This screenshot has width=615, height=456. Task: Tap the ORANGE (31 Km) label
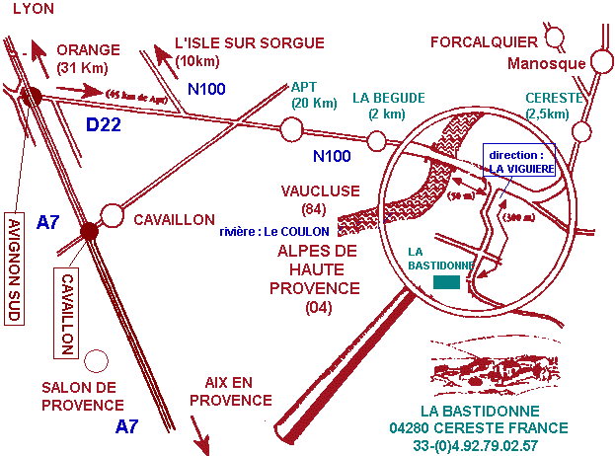click(x=87, y=58)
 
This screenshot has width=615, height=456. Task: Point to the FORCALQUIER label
click(x=485, y=41)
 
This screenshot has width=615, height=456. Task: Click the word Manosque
click(x=546, y=65)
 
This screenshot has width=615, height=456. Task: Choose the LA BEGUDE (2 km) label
click(x=388, y=105)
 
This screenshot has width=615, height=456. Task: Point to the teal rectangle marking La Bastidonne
click(x=446, y=283)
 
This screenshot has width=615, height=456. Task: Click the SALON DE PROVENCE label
click(x=83, y=396)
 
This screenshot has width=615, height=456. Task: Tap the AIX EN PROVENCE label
click(x=230, y=390)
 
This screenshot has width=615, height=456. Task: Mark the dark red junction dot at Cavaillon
click(x=90, y=231)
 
